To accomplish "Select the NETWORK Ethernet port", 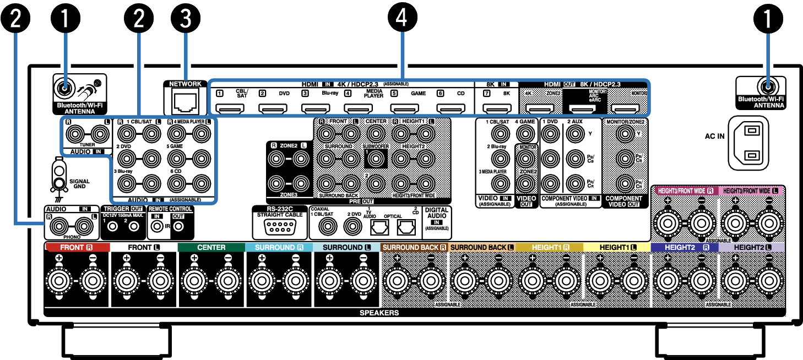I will pos(185,101).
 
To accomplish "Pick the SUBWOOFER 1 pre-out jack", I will pos(376,159).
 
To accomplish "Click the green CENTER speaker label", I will pos(211,248).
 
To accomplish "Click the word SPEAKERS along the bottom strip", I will pos(379,313).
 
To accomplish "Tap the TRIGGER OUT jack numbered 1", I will pos(112,226).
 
